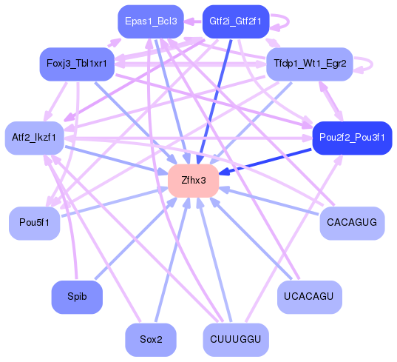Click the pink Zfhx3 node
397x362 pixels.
tap(193, 181)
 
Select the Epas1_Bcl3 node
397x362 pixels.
tap(151, 21)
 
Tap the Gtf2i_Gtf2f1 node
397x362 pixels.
tap(235, 21)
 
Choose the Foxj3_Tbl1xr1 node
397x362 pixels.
tap(76, 64)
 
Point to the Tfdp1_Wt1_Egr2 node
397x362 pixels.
tap(309, 64)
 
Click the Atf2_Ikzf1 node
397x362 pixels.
tap(35, 138)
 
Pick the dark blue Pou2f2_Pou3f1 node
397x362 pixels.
tap(350, 138)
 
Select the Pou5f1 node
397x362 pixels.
tap(35, 223)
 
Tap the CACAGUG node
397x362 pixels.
tap(352, 223)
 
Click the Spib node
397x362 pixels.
tap(77, 297)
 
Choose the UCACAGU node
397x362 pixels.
tap(309, 297)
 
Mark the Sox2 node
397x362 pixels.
tap(151, 340)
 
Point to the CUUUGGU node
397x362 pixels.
tap(235, 340)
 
